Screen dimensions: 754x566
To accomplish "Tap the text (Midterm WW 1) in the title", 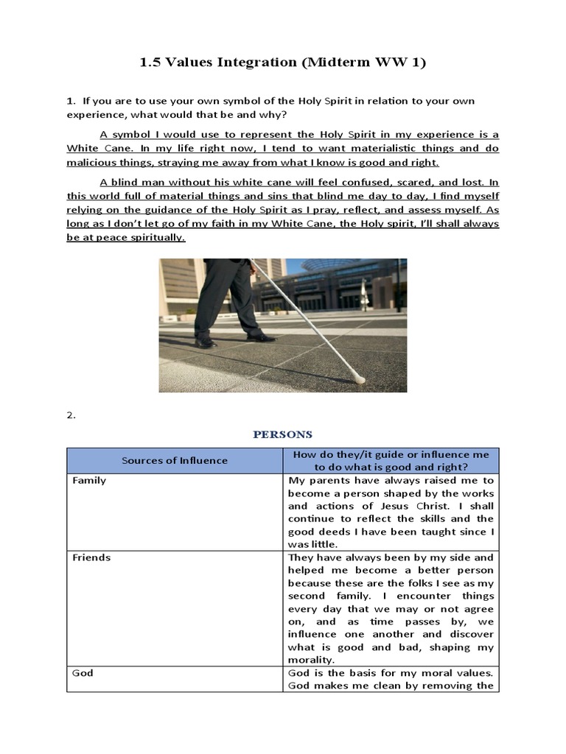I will click(362, 63).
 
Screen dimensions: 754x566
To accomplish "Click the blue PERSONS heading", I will click(283, 434).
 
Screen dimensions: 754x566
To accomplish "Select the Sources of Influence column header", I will click(175, 460).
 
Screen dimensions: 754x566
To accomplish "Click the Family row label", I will click(89, 480).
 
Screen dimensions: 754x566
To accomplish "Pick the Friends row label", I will click(91, 557).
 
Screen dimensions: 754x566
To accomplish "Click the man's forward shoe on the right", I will click(260, 337).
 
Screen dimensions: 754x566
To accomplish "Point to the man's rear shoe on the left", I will click(206, 342).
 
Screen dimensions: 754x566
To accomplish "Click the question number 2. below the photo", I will click(71, 415).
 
